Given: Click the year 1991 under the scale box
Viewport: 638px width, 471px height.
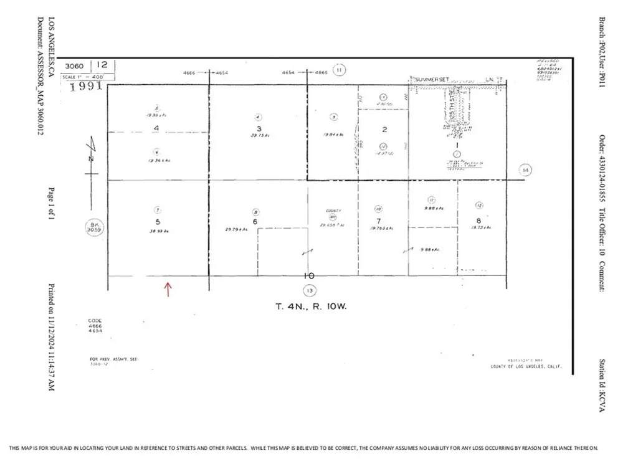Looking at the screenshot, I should [85, 86].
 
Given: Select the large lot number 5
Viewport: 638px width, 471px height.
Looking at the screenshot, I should [158, 221].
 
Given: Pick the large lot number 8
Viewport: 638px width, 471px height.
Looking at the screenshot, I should [478, 221].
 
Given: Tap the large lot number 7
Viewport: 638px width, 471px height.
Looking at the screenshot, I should [378, 221].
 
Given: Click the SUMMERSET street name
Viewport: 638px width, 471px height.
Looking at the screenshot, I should [432, 79].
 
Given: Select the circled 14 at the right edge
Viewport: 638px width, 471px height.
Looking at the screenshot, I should [525, 169].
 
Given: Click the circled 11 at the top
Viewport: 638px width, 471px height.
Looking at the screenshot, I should [339, 70].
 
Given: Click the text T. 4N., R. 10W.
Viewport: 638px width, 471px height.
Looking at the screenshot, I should [310, 306].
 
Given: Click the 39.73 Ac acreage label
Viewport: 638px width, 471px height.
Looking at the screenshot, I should [257, 135].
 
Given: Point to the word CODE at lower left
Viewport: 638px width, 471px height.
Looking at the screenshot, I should [95, 321].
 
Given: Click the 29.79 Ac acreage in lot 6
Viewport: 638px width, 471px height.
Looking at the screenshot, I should [237, 230].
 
